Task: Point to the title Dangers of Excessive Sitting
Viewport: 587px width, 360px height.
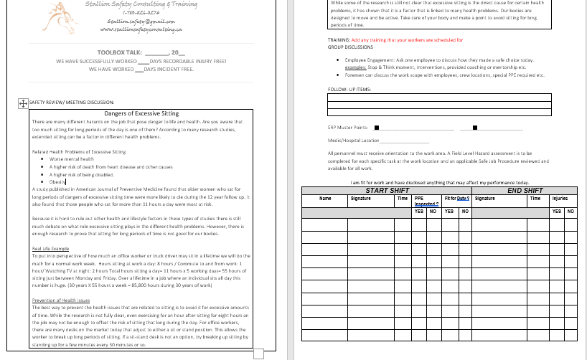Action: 141,113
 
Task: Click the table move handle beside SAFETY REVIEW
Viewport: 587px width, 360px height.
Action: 22,103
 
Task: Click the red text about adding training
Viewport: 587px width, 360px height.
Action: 407,40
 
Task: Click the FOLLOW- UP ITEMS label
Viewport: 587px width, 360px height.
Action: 349,89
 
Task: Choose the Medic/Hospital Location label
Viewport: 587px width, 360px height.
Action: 353,141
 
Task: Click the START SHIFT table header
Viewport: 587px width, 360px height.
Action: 387,191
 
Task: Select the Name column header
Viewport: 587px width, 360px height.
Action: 325,199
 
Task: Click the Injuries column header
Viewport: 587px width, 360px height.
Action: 560,199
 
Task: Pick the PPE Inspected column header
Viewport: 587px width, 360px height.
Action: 425,201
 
